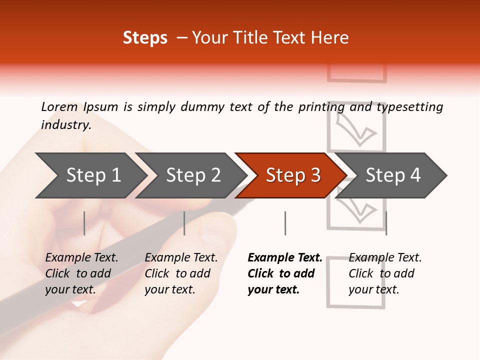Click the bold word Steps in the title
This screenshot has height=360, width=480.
145,38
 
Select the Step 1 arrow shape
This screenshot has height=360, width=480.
90,175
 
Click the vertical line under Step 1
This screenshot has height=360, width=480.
84,223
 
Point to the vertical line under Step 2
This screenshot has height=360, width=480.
184,223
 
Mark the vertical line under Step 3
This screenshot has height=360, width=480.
285,223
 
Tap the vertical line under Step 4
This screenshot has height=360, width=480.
386,223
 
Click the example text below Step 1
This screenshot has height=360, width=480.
81,273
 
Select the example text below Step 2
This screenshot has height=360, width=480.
181,273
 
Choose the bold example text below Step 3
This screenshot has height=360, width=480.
284,273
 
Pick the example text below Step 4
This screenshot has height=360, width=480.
385,273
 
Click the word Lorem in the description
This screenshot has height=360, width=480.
59,107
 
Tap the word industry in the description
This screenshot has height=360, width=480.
65,125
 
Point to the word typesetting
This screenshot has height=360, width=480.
409,107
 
